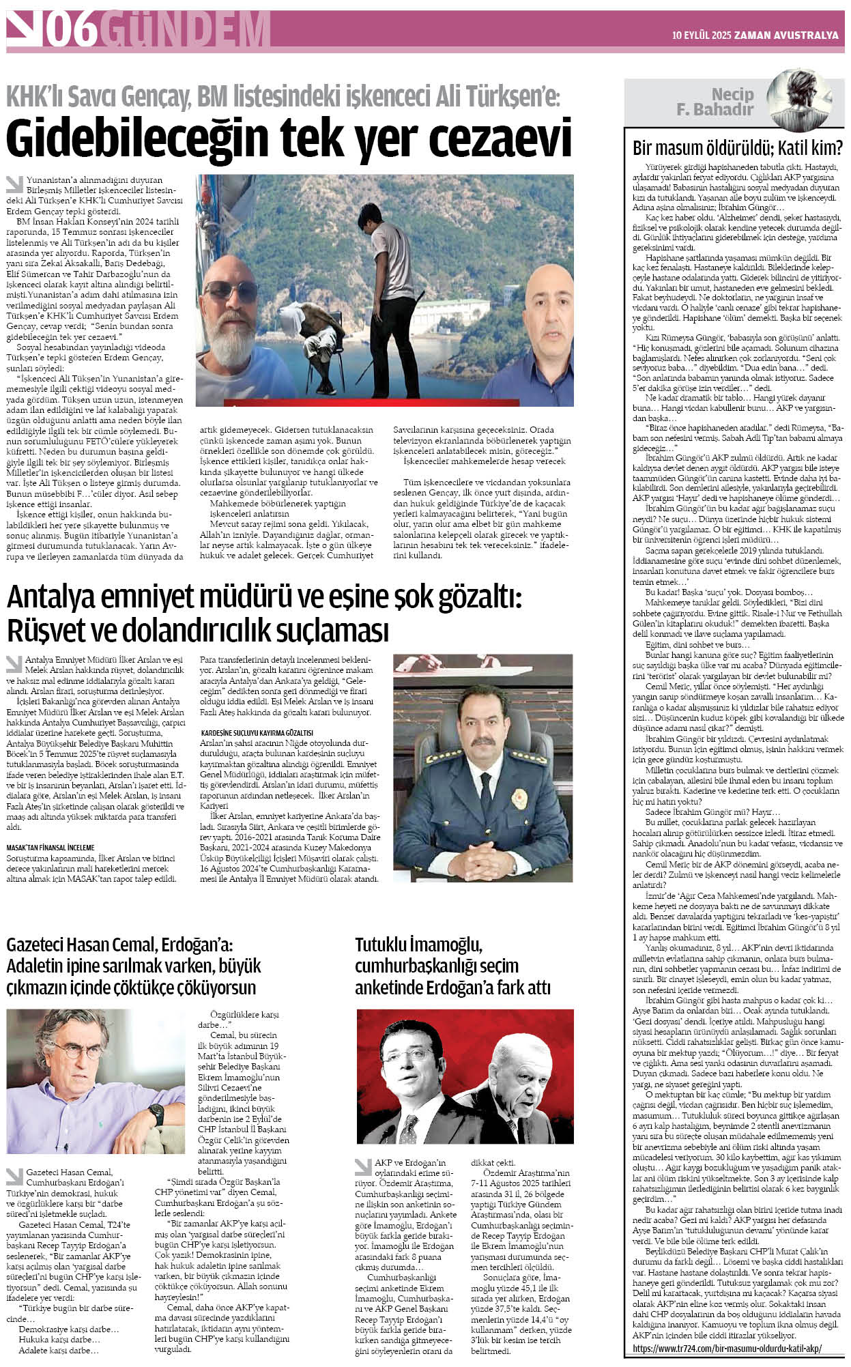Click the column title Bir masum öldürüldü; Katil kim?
[x=737, y=147]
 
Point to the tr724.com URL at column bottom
[x=727, y=1348]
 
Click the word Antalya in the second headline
[x=44, y=598]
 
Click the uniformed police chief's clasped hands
[x=481, y=853]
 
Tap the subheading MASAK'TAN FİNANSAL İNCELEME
[x=51, y=848]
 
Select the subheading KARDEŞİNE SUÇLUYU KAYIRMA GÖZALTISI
[x=257, y=732]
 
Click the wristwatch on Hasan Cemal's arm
[x=157, y=1115]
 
